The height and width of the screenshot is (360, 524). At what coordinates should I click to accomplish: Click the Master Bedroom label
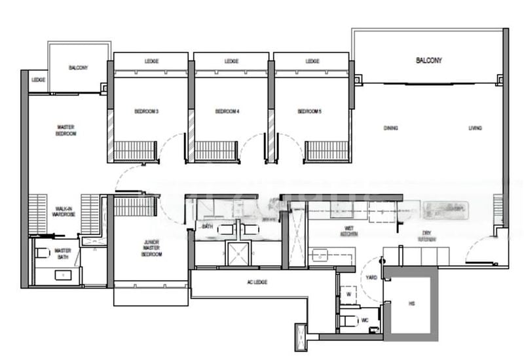65,130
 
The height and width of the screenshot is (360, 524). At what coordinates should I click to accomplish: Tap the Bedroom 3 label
147,112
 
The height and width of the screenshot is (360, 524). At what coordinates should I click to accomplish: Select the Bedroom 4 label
227,112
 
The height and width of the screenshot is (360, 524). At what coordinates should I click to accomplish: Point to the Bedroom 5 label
309,112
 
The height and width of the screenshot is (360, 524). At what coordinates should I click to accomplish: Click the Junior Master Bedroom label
152,248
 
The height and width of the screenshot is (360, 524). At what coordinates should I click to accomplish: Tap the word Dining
391,128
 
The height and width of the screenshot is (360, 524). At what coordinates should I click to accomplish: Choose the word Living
475,128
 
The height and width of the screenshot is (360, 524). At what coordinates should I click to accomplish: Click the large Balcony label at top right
429,61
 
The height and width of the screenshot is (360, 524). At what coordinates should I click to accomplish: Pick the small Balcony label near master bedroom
78,68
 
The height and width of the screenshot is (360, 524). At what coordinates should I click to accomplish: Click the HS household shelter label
411,304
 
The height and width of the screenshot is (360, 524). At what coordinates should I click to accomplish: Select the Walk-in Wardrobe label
64,213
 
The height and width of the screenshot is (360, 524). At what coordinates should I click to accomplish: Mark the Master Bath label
63,253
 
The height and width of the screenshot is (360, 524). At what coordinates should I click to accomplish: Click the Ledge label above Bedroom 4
231,62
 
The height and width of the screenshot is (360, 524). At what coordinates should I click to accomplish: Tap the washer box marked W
348,295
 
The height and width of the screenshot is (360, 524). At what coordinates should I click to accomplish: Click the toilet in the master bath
41,253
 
